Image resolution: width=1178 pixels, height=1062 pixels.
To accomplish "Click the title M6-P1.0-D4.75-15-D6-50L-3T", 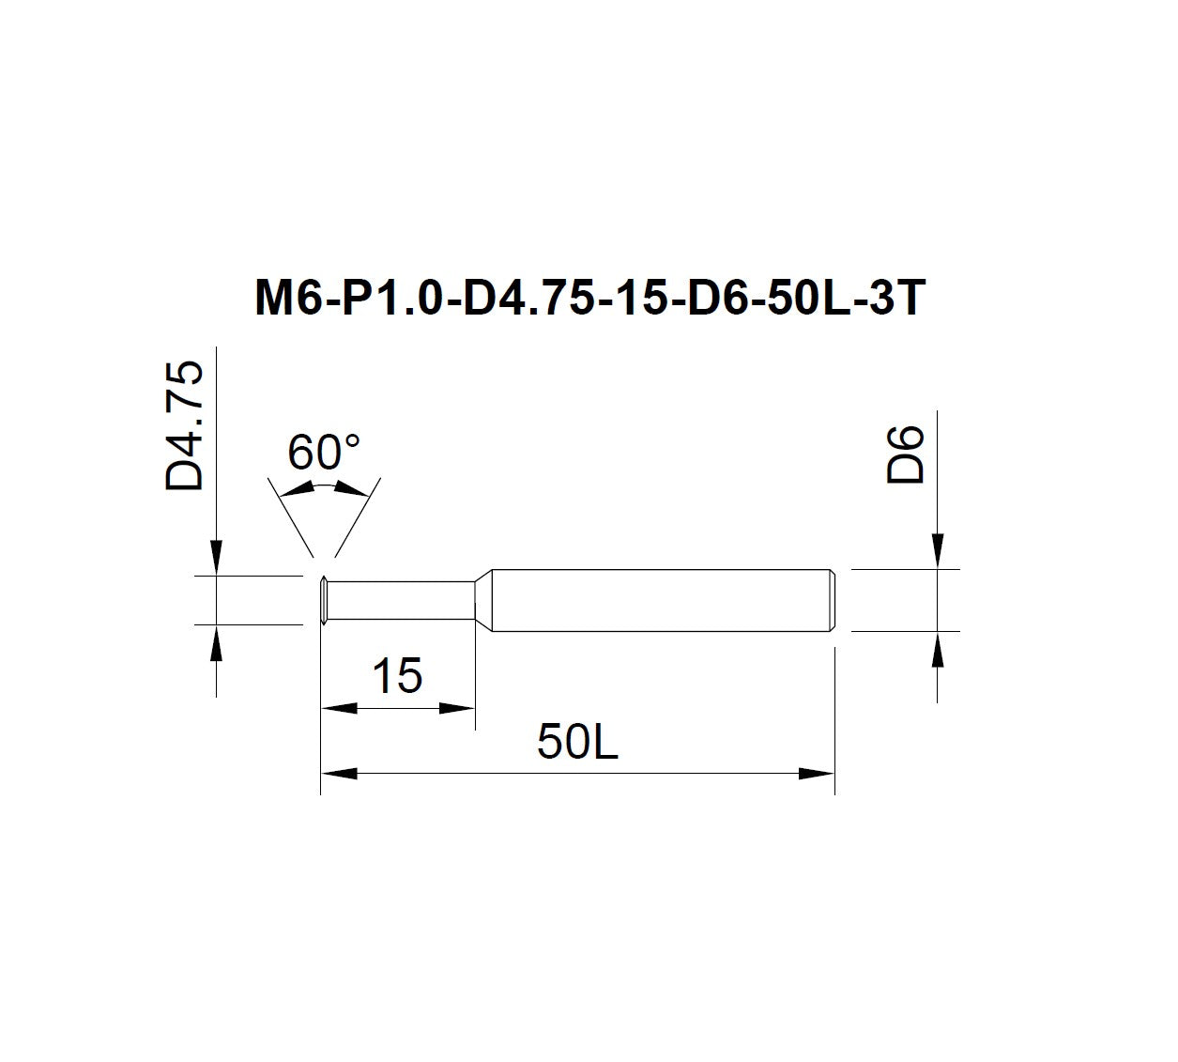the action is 590,298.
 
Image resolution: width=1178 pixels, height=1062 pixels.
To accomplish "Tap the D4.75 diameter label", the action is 184,426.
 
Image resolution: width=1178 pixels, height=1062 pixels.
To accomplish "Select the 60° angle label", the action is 324,453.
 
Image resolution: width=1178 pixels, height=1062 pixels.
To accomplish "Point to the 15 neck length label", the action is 397,675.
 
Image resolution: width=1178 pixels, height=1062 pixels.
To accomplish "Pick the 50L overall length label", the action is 577,742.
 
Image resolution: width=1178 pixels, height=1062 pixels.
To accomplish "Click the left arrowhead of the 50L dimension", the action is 339,774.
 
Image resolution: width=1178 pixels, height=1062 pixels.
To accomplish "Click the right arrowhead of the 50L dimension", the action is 817,774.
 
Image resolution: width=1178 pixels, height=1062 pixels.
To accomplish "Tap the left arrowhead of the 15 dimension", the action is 339,708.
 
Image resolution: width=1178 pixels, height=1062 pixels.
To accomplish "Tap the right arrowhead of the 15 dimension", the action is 457,708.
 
